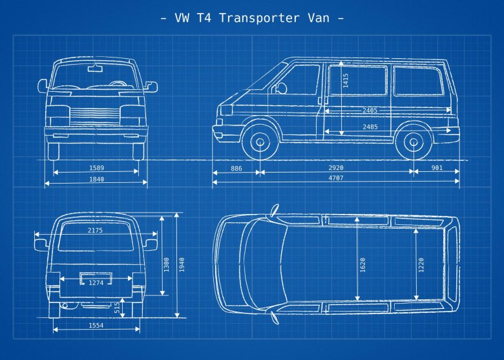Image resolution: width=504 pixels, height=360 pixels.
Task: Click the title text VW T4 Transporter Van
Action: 252,17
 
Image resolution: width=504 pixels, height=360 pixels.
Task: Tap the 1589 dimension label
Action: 96,168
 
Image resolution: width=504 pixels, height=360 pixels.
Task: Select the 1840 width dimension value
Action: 96,179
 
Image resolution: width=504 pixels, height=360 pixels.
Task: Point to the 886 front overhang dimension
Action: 236,168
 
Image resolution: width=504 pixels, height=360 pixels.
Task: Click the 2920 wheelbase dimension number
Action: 336,168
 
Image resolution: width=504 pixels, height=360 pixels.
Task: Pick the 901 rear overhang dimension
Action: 437,168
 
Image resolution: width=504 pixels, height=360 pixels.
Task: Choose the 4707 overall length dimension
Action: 336,178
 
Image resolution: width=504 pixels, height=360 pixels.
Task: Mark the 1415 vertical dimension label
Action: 346,80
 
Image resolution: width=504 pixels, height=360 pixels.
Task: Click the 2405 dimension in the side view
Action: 370,111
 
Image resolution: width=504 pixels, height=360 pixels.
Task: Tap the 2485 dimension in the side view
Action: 370,127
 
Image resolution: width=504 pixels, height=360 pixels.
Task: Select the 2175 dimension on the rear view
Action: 96,230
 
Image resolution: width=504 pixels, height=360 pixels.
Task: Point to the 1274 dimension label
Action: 96,282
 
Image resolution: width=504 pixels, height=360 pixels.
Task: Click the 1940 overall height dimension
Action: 182,264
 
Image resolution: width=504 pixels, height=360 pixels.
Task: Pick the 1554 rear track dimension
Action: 96,326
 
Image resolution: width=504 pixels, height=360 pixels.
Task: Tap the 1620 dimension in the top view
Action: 362,265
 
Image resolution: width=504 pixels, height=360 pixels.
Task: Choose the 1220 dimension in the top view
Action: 421,265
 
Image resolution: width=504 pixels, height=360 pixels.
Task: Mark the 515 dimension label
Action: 117,308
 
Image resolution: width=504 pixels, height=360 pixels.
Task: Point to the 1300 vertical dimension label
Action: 166,264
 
